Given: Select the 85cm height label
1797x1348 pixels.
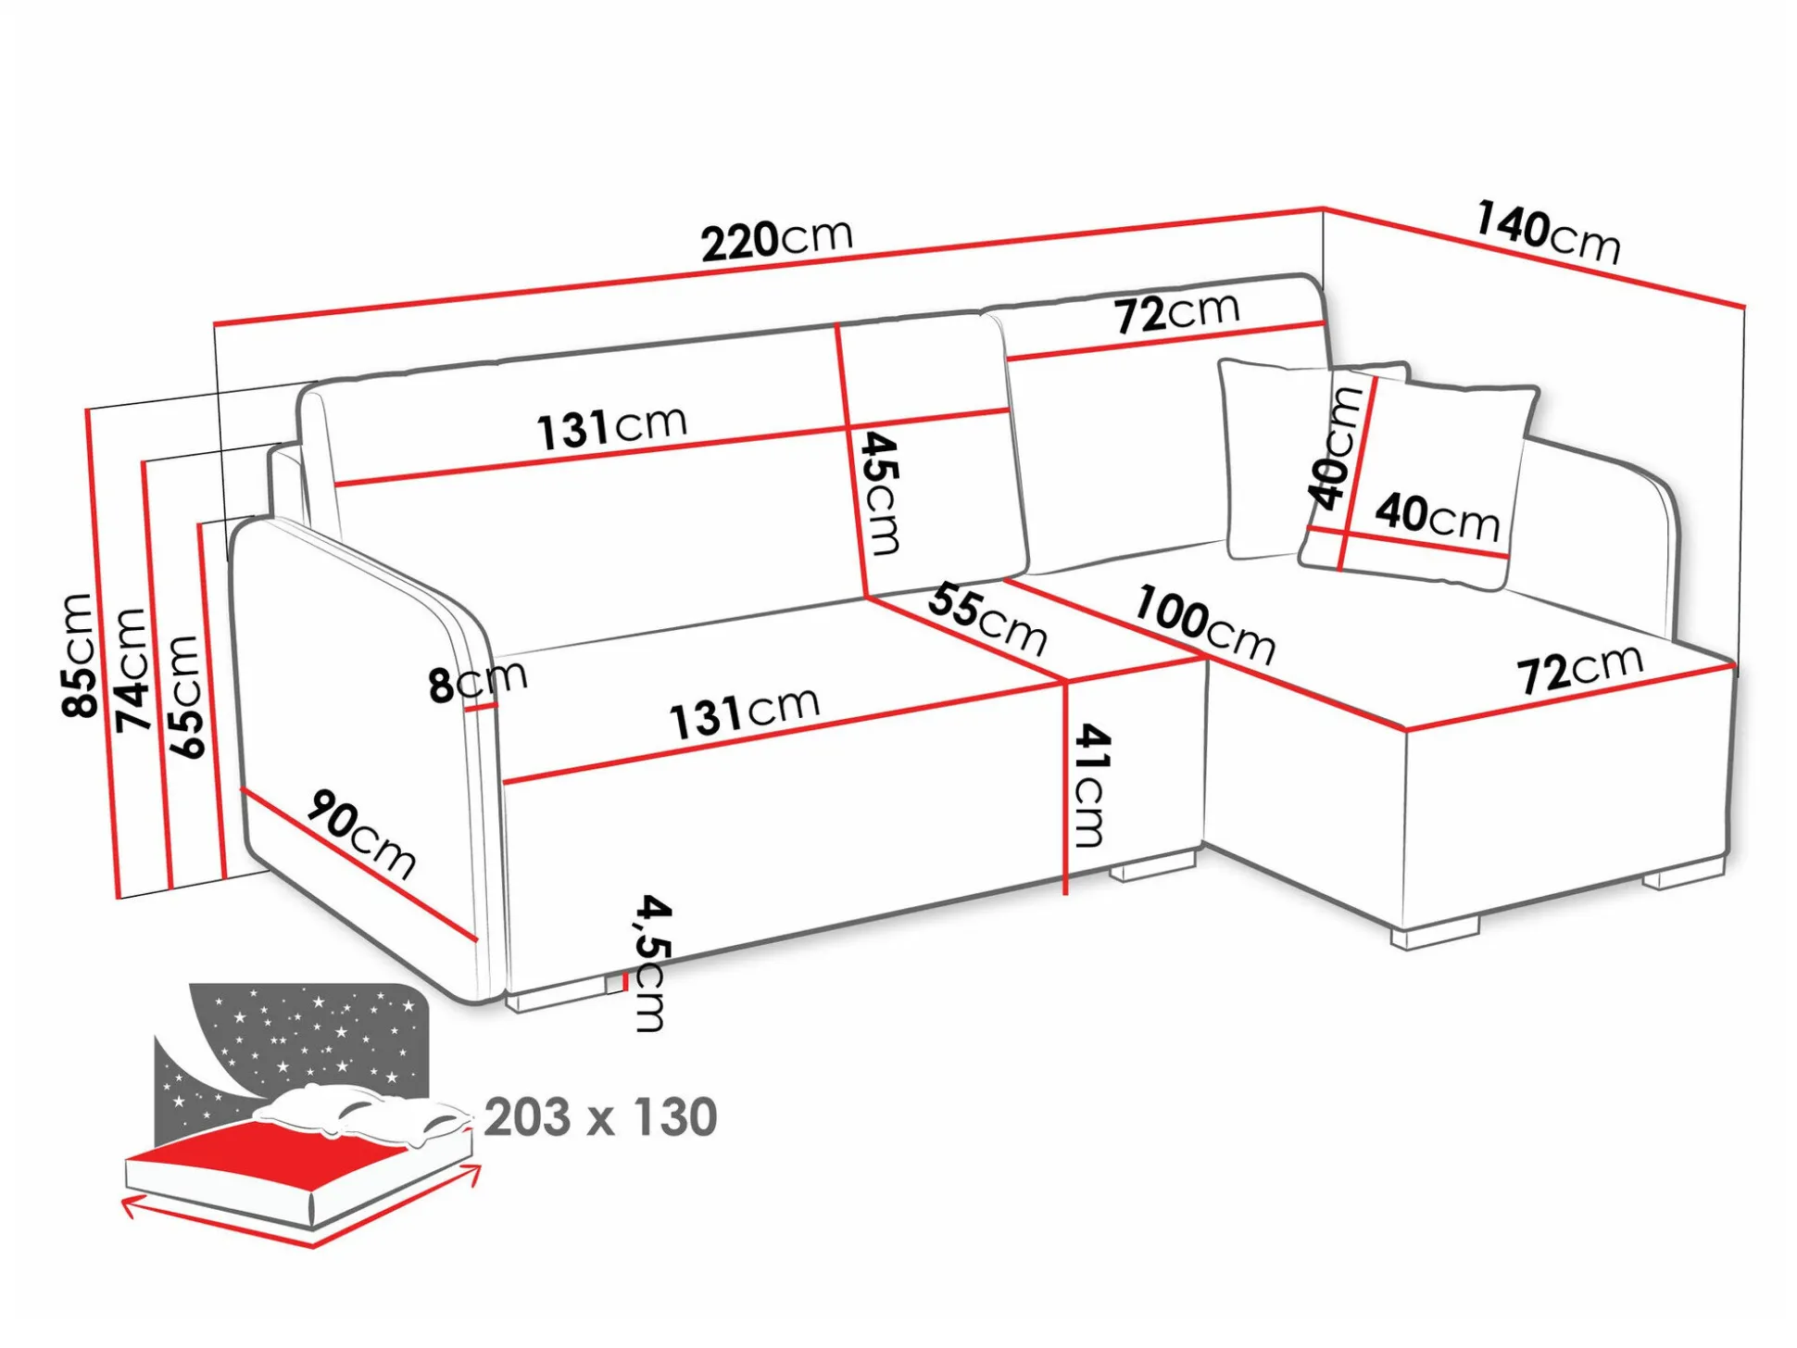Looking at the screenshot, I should coord(80,655).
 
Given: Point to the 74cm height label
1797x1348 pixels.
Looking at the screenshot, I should coord(132,669).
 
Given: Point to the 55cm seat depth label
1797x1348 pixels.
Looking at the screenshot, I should coord(987,619).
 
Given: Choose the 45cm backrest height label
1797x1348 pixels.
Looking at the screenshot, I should coord(880,493).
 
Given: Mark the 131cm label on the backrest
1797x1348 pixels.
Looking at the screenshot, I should coord(612,428).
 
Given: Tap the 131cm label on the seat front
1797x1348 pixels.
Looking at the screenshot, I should coord(745,713).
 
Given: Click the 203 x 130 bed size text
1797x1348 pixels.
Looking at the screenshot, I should coord(600,1117).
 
